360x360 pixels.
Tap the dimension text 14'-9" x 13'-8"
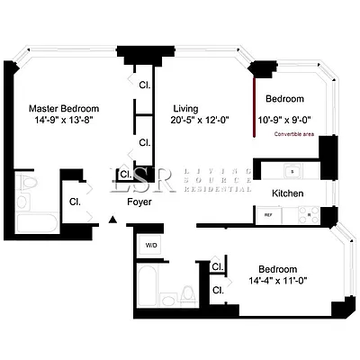point(60,117)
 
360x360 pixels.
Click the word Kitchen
point(288,193)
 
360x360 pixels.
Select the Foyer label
point(139,202)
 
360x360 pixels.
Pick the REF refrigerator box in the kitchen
point(269,215)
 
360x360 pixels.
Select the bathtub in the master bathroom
point(36,220)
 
